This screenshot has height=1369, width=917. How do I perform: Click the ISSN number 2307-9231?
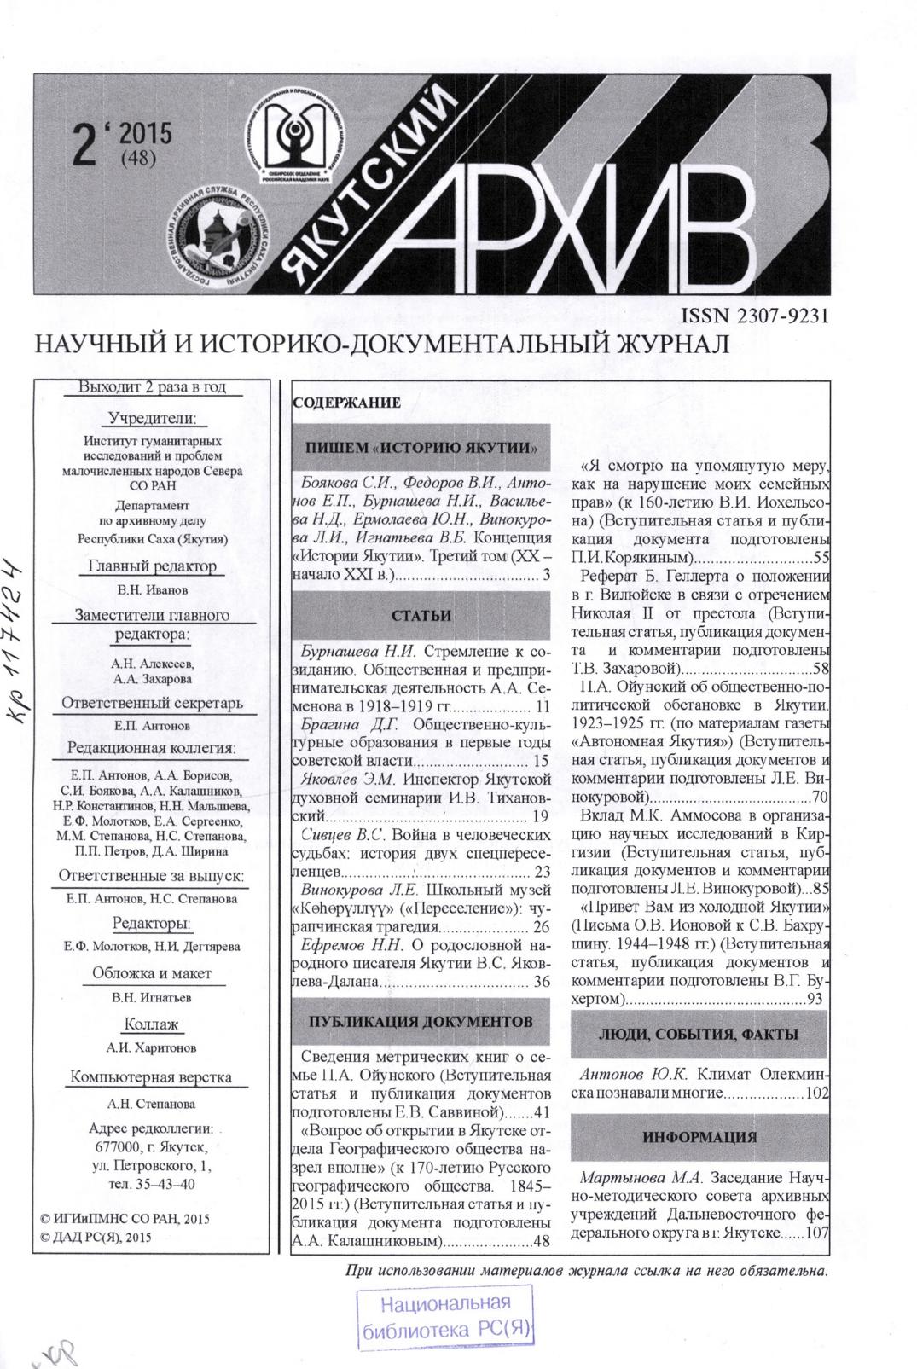click(755, 316)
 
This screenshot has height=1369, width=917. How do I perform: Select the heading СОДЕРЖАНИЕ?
click(346, 403)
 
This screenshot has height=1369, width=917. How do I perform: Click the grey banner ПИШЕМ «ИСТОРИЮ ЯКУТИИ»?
click(421, 448)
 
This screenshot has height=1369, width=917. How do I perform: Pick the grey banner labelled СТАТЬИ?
click(421, 616)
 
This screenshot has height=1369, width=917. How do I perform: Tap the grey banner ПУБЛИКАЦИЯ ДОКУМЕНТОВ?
click(421, 1021)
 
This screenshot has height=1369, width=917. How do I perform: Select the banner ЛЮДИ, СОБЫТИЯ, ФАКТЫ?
click(699, 1035)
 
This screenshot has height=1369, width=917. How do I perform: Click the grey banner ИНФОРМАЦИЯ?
click(699, 1137)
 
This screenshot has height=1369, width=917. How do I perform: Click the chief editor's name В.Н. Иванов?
click(153, 590)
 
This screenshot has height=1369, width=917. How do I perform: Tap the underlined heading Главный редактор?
click(153, 566)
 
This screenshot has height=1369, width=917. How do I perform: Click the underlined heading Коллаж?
click(152, 1024)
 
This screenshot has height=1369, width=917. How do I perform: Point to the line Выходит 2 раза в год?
click(153, 387)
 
